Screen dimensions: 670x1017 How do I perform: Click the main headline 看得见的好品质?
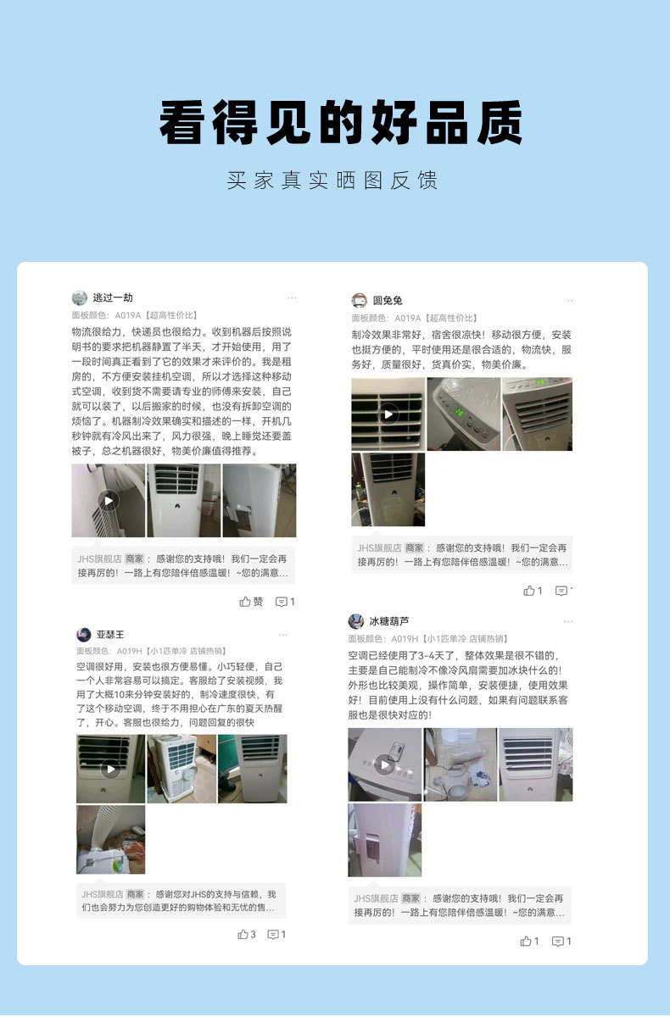(341, 122)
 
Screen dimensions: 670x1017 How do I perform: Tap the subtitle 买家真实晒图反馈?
(332, 181)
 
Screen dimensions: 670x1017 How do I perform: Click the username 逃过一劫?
(113, 297)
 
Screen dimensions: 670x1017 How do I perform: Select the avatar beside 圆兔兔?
(359, 300)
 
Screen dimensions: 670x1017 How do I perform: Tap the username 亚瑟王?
(110, 634)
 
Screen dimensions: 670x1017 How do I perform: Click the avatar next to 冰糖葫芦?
(355, 621)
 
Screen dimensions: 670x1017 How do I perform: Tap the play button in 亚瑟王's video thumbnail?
(110, 770)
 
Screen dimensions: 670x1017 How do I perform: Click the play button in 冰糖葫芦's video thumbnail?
(385, 765)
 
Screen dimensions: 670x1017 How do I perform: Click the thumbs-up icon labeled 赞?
(245, 602)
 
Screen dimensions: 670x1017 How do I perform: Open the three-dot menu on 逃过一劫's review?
(292, 297)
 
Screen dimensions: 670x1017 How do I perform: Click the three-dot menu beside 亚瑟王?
(282, 635)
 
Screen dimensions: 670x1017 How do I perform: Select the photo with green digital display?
(464, 414)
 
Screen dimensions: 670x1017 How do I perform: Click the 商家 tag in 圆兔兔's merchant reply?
(414, 548)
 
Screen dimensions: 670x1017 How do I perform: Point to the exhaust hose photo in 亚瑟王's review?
(111, 840)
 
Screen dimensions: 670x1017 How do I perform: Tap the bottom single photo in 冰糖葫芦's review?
(385, 841)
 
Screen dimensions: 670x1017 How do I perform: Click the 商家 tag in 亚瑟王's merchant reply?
(135, 894)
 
